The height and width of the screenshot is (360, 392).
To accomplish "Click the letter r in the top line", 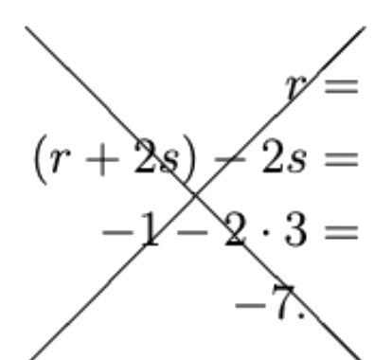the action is (295, 87).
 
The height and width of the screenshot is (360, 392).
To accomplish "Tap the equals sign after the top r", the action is (342, 86).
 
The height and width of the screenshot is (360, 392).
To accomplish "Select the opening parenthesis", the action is (41, 159).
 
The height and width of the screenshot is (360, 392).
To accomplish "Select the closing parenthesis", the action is (188, 159).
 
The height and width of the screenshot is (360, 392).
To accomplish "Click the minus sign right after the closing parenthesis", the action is (230, 159).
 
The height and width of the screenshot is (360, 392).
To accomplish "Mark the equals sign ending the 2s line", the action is (342, 159).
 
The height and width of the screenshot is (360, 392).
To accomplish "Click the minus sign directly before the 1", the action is (117, 232).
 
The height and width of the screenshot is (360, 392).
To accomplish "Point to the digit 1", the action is (149, 229).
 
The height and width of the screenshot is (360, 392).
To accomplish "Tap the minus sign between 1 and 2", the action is (192, 232).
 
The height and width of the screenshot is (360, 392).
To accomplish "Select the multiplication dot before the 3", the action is (266, 233).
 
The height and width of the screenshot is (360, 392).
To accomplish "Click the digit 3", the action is (295, 230).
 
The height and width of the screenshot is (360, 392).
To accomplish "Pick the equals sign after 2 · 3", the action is (342, 232).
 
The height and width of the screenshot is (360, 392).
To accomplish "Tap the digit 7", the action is (284, 302).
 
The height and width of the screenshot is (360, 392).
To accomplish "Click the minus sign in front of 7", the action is (250, 305).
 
